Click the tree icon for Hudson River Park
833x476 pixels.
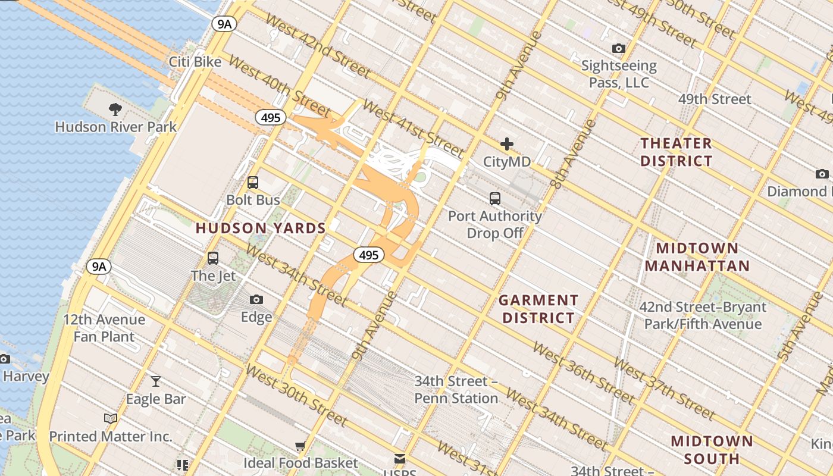click(x=115, y=109)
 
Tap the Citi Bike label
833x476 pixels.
click(x=195, y=62)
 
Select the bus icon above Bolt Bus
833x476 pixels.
click(x=253, y=183)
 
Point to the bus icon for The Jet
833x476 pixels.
click(x=213, y=258)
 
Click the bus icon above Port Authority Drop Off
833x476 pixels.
click(x=494, y=199)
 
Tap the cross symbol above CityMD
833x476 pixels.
click(x=506, y=144)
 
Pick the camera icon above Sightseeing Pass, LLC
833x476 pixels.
click(x=619, y=48)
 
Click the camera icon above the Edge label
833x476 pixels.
click(x=256, y=299)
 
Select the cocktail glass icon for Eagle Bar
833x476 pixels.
click(x=156, y=381)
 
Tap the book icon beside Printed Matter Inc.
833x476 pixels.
click(x=111, y=419)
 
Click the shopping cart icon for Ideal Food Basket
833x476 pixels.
click(x=300, y=446)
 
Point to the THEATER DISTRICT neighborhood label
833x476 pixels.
click(x=676, y=152)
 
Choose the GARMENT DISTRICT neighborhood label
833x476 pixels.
click(x=538, y=309)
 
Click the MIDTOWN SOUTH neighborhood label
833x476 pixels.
click(x=712, y=450)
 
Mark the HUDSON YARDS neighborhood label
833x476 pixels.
click(x=261, y=228)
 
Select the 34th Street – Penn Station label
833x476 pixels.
click(x=456, y=390)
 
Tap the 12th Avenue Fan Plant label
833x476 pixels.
click(x=104, y=328)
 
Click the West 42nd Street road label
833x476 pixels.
click(x=318, y=45)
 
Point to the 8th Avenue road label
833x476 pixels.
click(x=573, y=154)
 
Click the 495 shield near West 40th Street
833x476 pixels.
click(x=271, y=118)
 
